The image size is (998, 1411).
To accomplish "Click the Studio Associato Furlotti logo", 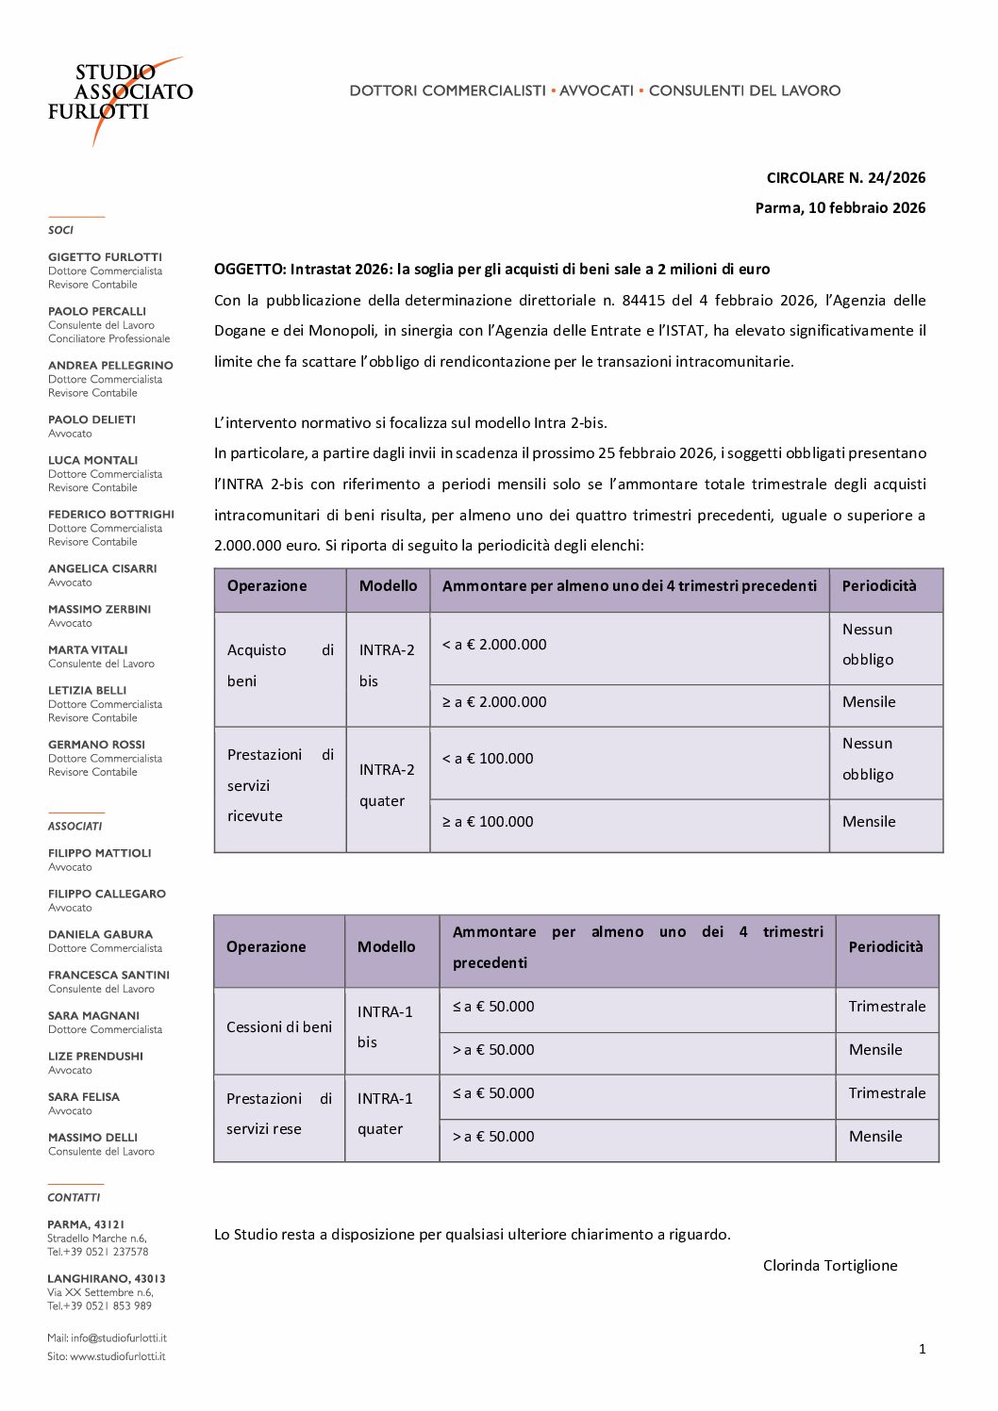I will click(x=120, y=95).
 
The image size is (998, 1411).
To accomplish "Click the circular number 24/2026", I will click(x=896, y=178).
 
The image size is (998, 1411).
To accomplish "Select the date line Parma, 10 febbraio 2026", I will click(x=840, y=208).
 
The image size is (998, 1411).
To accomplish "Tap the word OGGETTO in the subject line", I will click(x=249, y=270).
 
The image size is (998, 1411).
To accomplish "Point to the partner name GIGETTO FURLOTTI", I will click(x=105, y=257).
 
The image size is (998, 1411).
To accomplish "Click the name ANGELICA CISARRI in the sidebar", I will click(x=102, y=569).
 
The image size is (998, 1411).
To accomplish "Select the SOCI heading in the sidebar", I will click(x=60, y=230).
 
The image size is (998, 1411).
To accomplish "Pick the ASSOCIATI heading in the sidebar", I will click(x=75, y=827).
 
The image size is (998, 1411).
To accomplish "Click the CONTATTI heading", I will click(x=74, y=1198).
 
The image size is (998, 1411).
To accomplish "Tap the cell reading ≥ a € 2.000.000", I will click(x=494, y=702).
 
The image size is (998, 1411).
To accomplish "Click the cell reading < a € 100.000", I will click(x=488, y=759).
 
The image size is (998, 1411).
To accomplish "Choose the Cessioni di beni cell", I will click(x=279, y=1027).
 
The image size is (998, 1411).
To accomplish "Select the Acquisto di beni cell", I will click(x=280, y=665).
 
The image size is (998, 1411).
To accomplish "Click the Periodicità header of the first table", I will click(x=879, y=586).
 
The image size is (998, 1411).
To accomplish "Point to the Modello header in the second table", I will click(x=386, y=947).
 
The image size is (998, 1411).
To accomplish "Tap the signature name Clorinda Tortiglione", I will click(x=830, y=1266).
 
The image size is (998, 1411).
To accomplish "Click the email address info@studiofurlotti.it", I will click(x=118, y=1338).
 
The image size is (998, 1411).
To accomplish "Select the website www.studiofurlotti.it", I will click(x=117, y=1357).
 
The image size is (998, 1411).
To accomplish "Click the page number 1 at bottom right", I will click(x=922, y=1350).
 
